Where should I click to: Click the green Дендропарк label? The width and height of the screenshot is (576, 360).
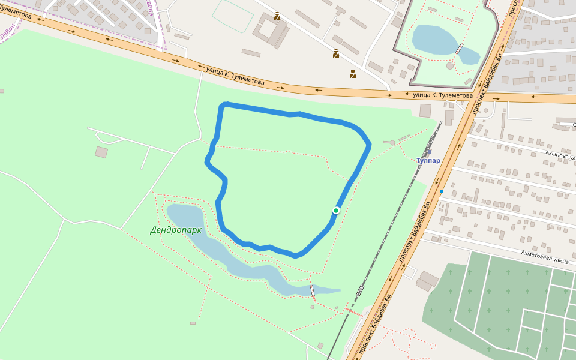[x=175, y=230]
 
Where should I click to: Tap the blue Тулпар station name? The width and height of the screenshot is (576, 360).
[x=428, y=161]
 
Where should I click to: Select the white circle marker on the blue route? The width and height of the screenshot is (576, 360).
[x=336, y=210]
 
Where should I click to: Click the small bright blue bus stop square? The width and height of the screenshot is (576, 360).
[x=441, y=191]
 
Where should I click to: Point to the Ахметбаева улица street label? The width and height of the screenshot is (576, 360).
[x=544, y=256]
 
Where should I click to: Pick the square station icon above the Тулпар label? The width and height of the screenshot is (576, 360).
[x=429, y=151]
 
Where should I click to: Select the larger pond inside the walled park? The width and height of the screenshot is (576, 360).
[x=434, y=40]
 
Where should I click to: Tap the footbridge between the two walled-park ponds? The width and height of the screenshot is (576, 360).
[x=459, y=49]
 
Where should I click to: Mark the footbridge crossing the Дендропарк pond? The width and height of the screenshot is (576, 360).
[x=312, y=290]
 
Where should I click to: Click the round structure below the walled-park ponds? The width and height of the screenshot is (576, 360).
[x=450, y=65]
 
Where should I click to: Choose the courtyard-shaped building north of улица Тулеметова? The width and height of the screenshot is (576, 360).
[x=271, y=33]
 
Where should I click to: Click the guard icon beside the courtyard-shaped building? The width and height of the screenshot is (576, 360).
[x=277, y=17]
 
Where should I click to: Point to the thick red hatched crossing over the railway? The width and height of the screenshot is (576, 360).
[x=354, y=312]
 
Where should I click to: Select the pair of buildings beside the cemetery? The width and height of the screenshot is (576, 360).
[x=427, y=280]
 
